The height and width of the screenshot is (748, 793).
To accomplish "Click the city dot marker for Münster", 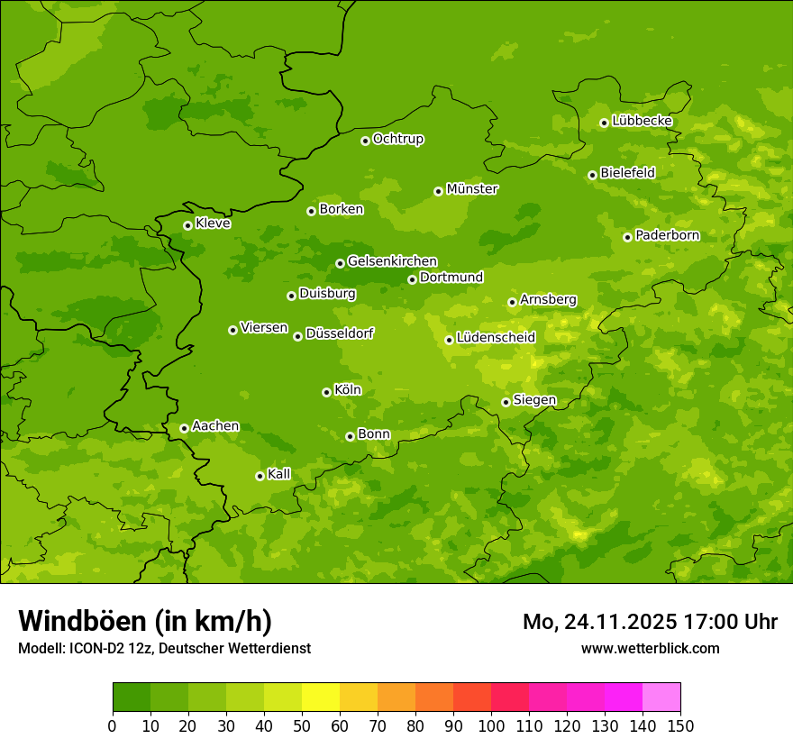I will pyautogui.click(x=438, y=191).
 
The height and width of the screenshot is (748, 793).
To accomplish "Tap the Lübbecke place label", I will pyautogui.click(x=642, y=121).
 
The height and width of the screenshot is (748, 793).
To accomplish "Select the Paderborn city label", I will pyautogui.click(x=667, y=235).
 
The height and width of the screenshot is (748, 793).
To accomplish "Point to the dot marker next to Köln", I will pyautogui.click(x=326, y=392).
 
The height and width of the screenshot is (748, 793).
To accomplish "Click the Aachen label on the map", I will pyautogui.click(x=215, y=426).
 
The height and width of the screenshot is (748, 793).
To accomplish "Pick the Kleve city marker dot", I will pyautogui.click(x=187, y=225).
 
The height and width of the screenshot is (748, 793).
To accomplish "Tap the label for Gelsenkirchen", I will pyautogui.click(x=392, y=261).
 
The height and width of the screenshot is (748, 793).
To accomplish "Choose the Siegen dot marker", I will pyautogui.click(x=506, y=402).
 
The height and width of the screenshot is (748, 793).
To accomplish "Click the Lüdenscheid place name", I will pyautogui.click(x=496, y=338).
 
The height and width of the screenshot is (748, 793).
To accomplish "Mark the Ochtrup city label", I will pyautogui.click(x=397, y=139).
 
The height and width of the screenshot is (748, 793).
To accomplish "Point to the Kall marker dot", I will pyautogui.click(x=260, y=476).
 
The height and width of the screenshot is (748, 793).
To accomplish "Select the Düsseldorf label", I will pyautogui.click(x=339, y=333).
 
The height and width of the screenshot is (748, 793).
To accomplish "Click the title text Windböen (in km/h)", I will pyautogui.click(x=145, y=621).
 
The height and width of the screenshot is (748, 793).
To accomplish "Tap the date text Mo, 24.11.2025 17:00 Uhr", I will pyautogui.click(x=650, y=622).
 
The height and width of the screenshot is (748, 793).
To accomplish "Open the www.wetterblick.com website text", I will pyautogui.click(x=650, y=648).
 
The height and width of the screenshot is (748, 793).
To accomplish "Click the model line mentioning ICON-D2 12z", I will pyautogui.click(x=164, y=648).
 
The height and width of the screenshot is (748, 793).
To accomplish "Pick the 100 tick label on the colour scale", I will pyautogui.click(x=491, y=726).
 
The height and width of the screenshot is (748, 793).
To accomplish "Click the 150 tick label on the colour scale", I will pyautogui.click(x=679, y=726).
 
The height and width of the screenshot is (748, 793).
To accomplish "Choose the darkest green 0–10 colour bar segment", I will pyautogui.click(x=132, y=698).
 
